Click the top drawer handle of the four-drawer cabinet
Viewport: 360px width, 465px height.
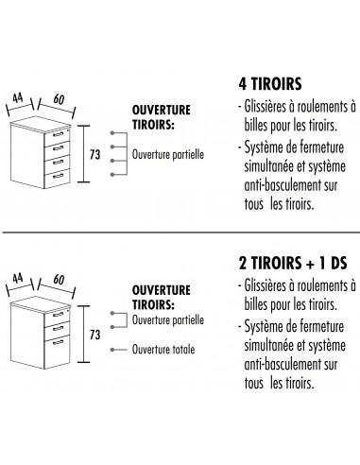click(59, 136)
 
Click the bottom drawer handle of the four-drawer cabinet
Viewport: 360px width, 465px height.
click(59, 174)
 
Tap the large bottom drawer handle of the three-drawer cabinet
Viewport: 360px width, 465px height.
click(59, 343)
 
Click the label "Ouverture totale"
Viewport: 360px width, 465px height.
click(164, 349)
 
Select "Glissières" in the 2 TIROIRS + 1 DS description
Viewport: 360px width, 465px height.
click(267, 284)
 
